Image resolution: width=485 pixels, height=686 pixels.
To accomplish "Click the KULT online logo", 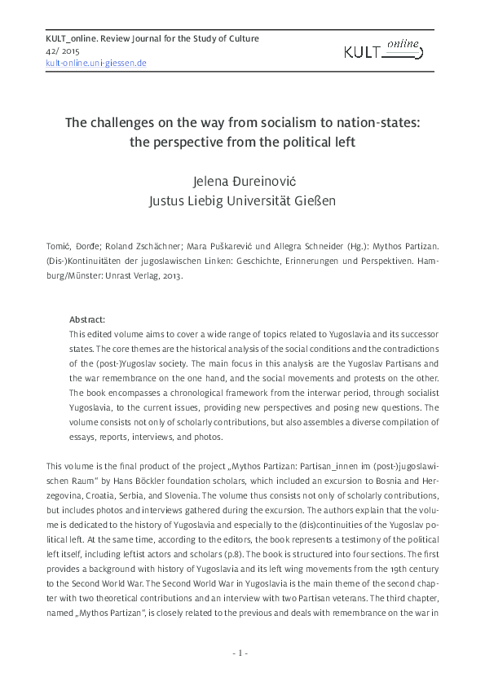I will [x=382, y=53].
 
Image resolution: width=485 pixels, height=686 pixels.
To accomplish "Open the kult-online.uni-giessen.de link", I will [x=96, y=62].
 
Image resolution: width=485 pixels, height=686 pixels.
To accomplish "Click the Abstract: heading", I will [x=87, y=319].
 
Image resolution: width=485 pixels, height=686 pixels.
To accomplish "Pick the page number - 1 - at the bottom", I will [x=241, y=652].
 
